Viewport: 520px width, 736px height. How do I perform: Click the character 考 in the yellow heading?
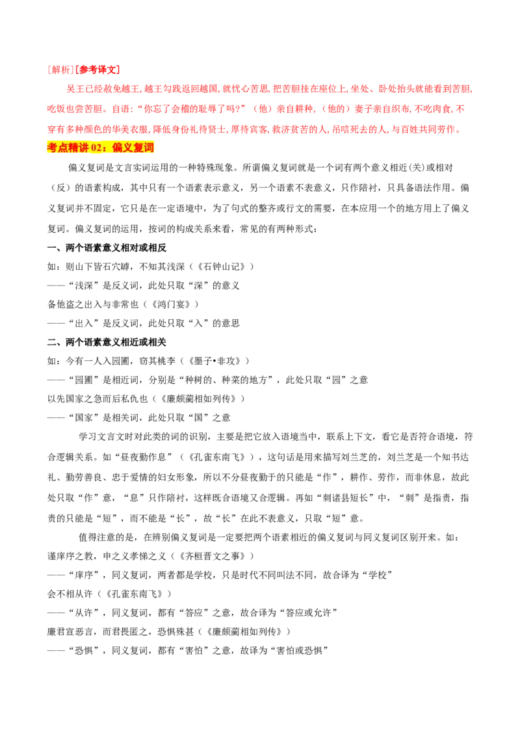click(x=53, y=148)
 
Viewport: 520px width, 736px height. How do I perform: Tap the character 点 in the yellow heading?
click(x=64, y=148)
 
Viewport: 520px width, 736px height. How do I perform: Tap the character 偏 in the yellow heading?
click(x=118, y=148)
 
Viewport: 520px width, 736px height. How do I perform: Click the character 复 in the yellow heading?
click(x=139, y=148)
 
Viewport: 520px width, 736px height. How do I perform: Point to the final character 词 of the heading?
click(x=149, y=148)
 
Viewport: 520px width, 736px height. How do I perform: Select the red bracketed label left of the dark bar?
click(x=83, y=69)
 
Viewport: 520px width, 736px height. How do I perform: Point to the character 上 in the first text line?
click(x=343, y=88)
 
